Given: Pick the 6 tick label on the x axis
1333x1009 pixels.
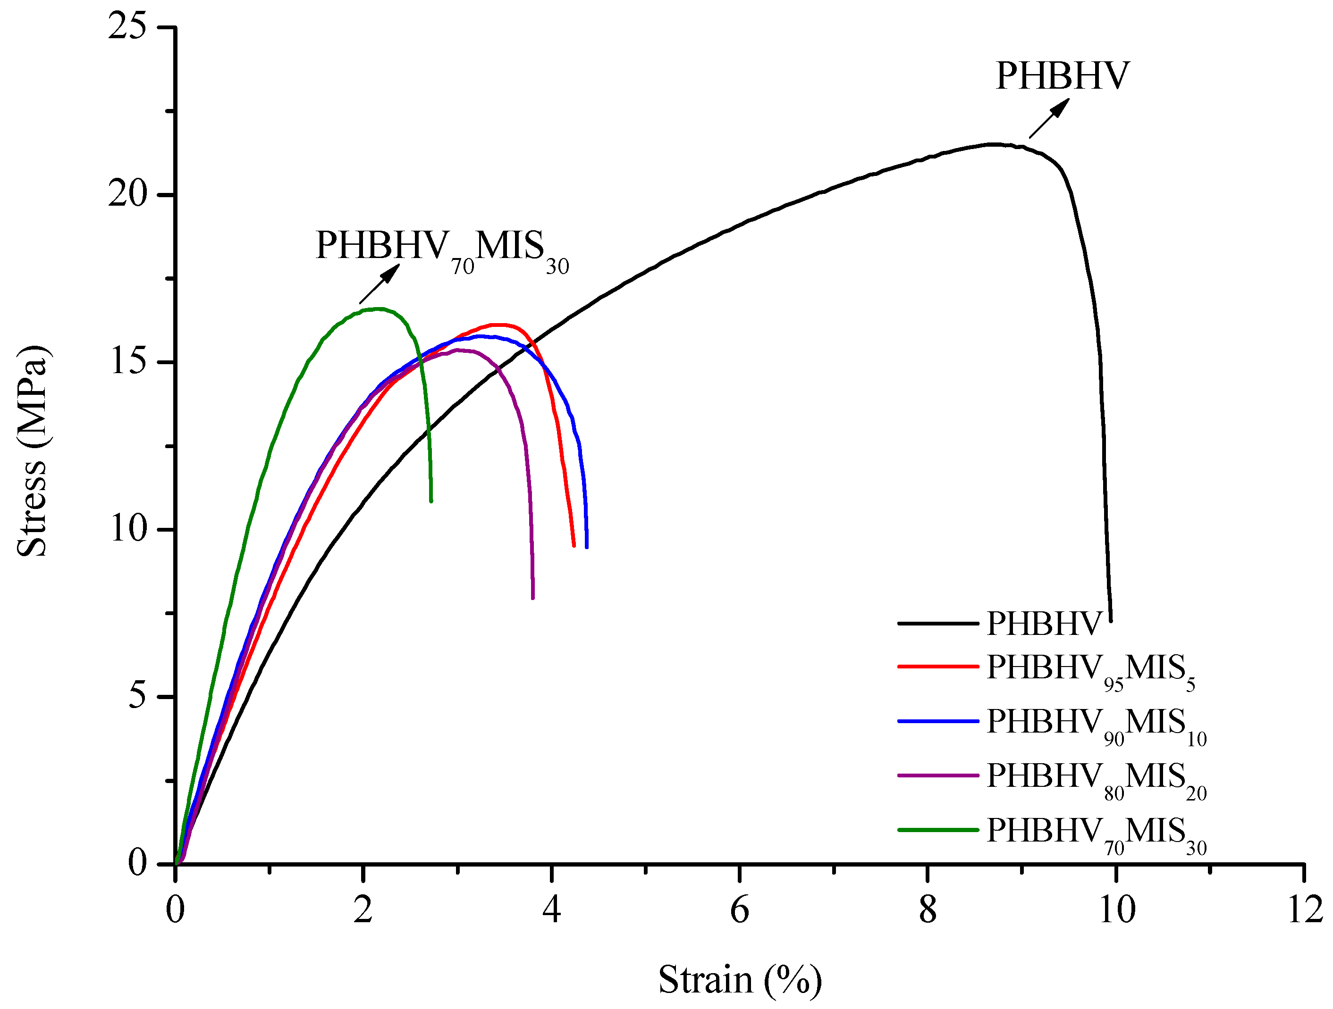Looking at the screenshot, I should click(x=739, y=909).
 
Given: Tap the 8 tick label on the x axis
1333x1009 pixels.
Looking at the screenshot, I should click(x=928, y=909).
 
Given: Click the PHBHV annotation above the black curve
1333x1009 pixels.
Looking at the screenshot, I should click(x=1062, y=76).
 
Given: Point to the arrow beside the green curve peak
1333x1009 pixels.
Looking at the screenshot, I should click(x=379, y=284).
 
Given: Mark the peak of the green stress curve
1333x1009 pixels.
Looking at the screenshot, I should click(x=378, y=309).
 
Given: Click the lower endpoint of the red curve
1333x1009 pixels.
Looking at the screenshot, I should click(x=574, y=545).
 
